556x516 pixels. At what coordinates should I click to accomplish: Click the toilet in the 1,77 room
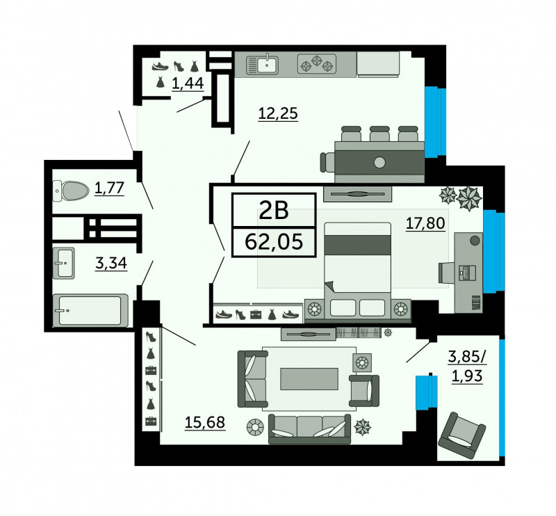71,191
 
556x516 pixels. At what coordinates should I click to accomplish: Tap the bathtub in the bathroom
90,310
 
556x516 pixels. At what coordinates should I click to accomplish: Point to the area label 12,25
278,113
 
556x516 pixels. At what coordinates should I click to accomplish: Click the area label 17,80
425,223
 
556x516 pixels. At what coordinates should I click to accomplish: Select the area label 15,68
205,422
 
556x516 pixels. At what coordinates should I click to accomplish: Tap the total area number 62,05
274,243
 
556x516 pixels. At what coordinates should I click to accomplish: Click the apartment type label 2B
274,210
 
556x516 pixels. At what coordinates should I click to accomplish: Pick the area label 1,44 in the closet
188,83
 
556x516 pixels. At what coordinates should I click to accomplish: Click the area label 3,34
111,263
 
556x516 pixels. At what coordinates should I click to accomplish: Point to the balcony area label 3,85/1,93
467,366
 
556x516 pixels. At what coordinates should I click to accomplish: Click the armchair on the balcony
462,435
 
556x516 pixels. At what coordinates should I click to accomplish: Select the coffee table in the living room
309,379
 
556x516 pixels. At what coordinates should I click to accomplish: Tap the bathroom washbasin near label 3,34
63,263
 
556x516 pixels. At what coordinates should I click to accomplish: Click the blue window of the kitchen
435,122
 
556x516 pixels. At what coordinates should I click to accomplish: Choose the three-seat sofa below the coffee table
309,428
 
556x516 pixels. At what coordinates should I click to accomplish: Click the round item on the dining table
379,163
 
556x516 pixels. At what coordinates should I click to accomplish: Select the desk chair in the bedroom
446,273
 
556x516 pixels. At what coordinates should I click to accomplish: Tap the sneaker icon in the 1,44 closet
161,66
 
